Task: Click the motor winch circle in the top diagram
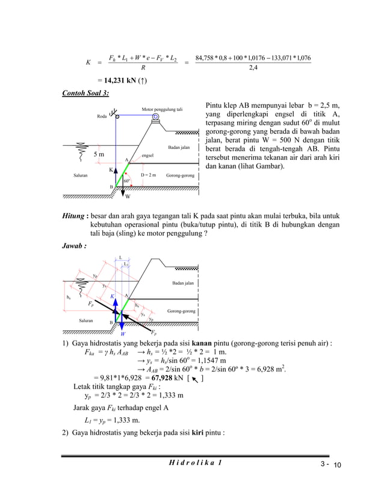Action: [x=156, y=117]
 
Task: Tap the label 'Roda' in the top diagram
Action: [x=102, y=117]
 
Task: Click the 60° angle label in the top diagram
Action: [x=126, y=180]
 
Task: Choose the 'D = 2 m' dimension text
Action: [x=148, y=175]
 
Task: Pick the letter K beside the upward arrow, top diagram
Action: [x=111, y=170]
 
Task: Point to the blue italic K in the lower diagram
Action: [x=112, y=296]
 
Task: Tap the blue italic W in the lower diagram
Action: [x=123, y=333]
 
